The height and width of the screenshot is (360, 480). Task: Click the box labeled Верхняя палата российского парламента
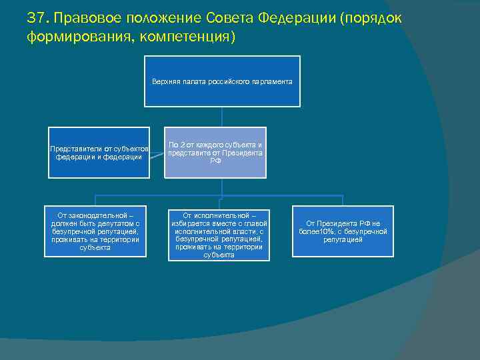coord(222,81)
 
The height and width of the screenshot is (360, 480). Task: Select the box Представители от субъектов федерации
coord(99,152)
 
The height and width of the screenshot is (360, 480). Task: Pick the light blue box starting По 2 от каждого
coord(215,152)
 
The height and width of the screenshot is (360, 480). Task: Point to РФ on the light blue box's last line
coord(215,161)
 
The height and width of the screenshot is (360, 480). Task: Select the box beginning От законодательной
coord(95,231)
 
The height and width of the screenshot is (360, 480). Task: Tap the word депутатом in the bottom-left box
coord(115,223)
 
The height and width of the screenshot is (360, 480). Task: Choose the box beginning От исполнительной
coord(219,235)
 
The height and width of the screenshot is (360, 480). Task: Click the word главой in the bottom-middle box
coord(256,223)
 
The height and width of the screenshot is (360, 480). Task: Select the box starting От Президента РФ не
coord(343,231)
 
